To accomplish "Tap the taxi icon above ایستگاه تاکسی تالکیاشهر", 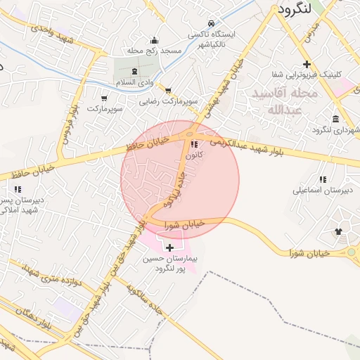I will [211, 22].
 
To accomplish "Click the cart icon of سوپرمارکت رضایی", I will [168, 90].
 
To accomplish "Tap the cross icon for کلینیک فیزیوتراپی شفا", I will [307, 64].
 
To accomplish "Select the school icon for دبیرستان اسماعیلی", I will [323, 179].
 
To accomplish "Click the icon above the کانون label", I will [194, 144].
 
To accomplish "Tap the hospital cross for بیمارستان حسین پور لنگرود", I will [169, 247].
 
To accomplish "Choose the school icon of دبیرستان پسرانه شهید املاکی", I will [18, 189].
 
